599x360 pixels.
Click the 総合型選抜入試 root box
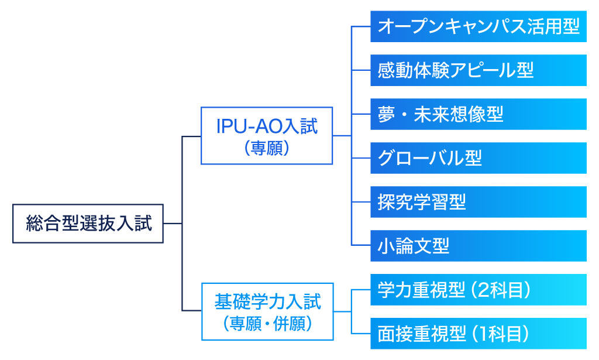pos(88,224)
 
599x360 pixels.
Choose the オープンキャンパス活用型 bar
pos(478,26)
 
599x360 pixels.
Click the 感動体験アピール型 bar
pos(478,70)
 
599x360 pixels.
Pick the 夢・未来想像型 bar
pos(478,114)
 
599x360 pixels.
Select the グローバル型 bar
pos(478,158)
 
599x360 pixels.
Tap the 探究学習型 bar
pos(478,202)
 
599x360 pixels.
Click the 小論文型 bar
pos(478,246)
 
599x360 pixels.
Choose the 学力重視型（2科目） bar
pos(478,290)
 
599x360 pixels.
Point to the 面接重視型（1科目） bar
pos(478,334)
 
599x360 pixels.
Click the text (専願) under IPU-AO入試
pos(267,148)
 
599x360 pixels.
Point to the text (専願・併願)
pos(267,324)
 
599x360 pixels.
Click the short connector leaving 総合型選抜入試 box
pos(173,224)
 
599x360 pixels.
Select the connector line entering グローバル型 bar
pos(360,158)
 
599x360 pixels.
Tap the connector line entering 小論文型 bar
pos(360,245)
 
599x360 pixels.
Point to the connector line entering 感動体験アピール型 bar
pos(360,70)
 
